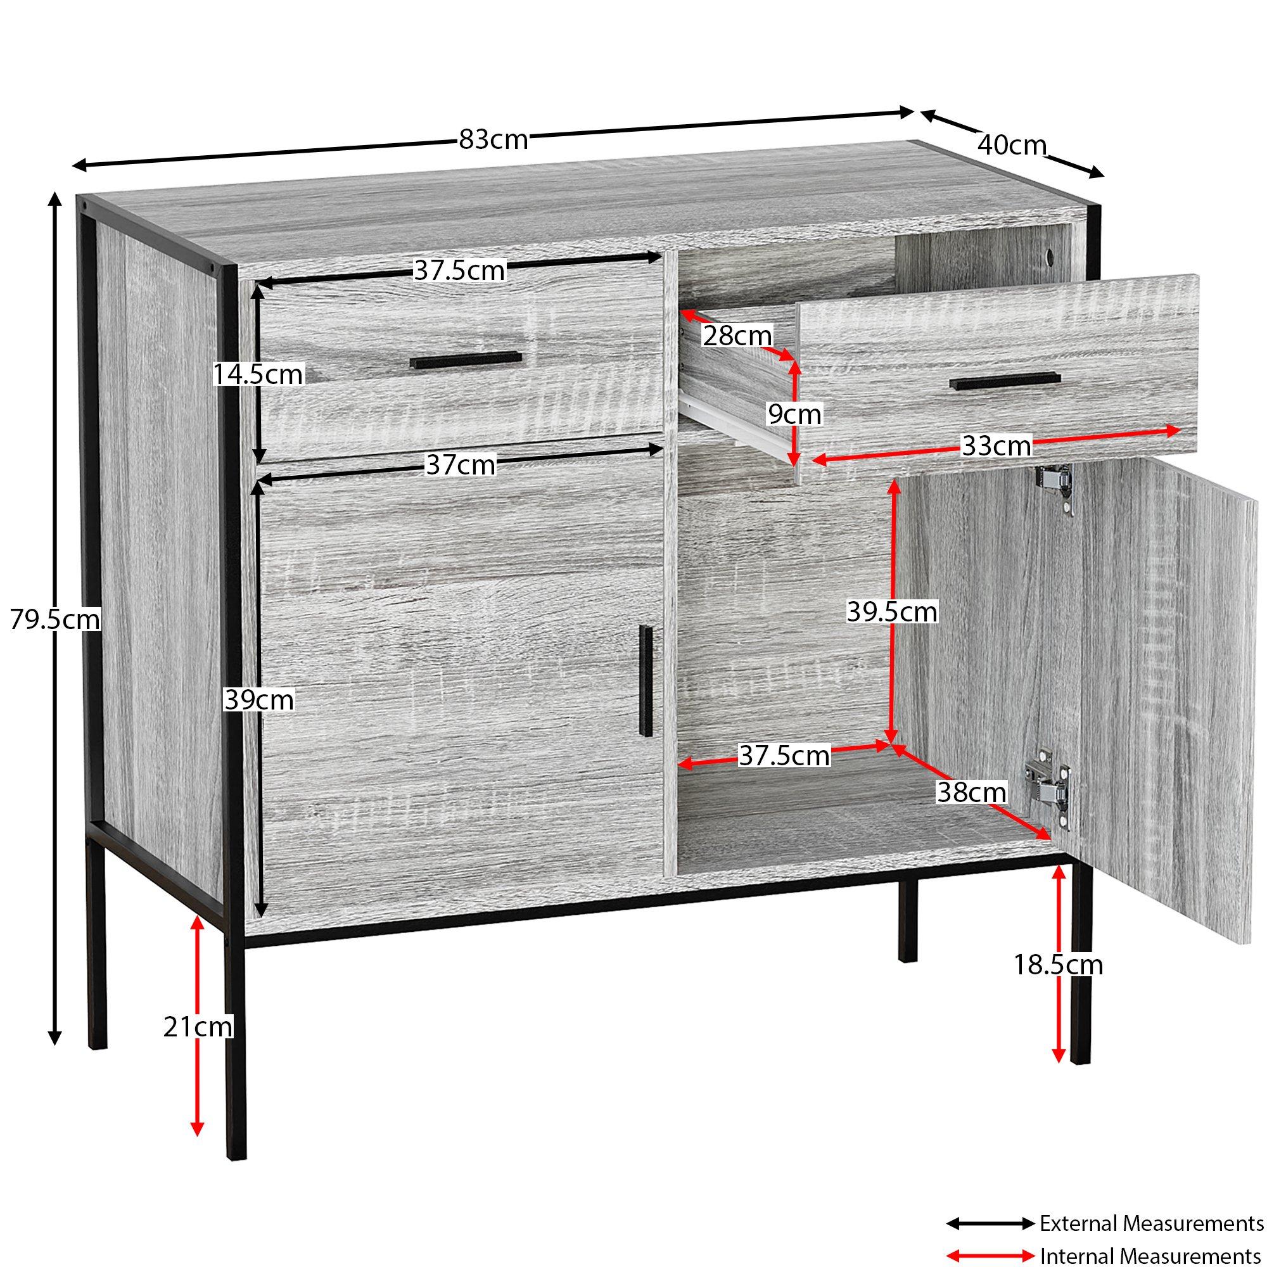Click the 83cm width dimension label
click(x=493, y=139)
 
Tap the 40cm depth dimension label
click(x=1012, y=145)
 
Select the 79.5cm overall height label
click(x=55, y=619)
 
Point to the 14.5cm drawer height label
click(x=258, y=374)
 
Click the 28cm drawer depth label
click(x=738, y=336)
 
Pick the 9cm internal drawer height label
click(x=795, y=414)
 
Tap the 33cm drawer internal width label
click(x=996, y=446)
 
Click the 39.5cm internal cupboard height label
click(x=892, y=612)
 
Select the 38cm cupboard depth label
click(x=971, y=793)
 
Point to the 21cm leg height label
click(x=198, y=1026)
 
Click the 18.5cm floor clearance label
click(x=1059, y=965)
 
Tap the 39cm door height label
click(x=259, y=700)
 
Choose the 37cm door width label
click(x=461, y=465)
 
